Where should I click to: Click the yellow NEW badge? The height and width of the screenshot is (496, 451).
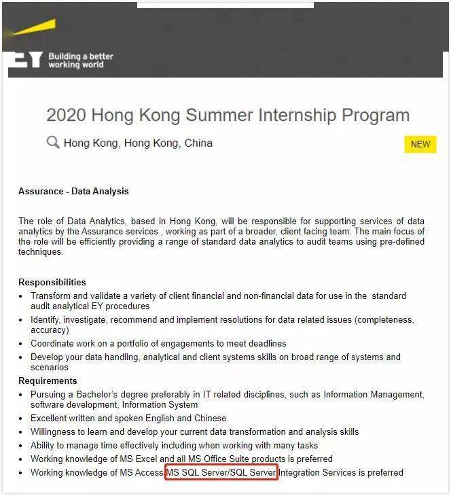[x=420, y=144]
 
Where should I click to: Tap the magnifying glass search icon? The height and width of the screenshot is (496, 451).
[x=53, y=143]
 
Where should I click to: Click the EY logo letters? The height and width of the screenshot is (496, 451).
[x=26, y=60]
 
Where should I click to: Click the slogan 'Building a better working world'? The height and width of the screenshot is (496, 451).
[x=81, y=60]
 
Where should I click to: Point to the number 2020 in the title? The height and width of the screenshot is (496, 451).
[x=66, y=115]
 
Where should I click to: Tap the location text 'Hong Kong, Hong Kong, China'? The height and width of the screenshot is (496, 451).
[x=138, y=143]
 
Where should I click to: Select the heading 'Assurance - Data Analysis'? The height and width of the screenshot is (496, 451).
[x=73, y=192]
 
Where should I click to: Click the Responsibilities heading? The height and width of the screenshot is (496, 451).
[x=52, y=282]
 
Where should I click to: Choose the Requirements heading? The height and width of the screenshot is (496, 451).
[x=48, y=380]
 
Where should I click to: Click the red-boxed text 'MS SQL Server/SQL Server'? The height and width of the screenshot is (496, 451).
[x=221, y=472]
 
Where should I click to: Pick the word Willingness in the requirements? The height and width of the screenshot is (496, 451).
[x=56, y=431]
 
